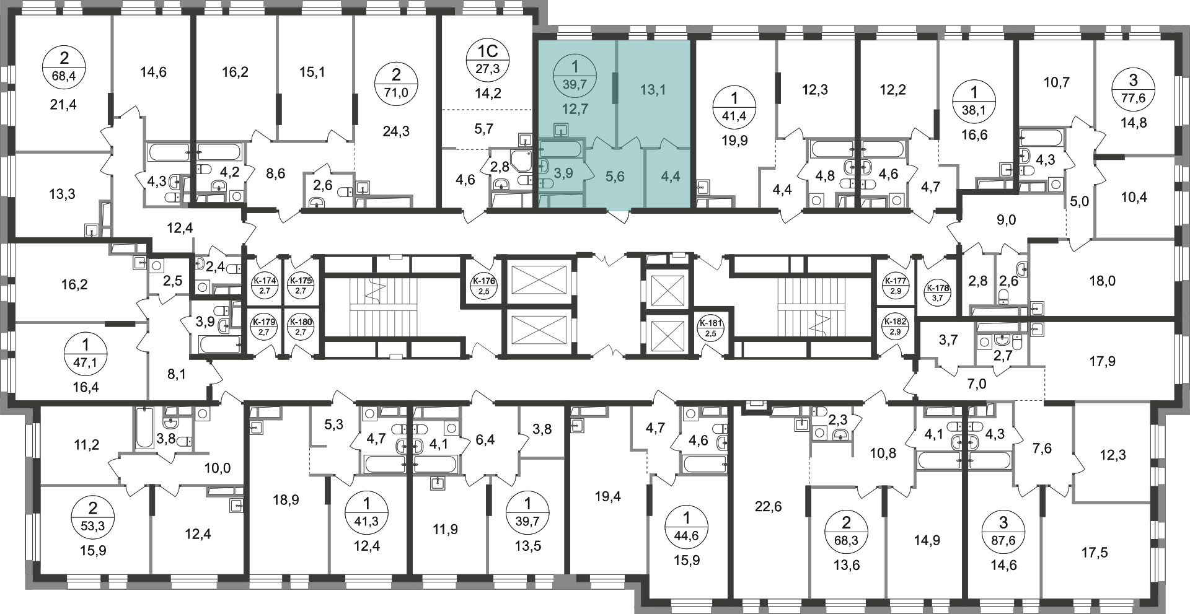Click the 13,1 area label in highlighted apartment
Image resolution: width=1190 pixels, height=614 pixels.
click(652, 90)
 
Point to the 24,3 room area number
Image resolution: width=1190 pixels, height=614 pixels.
click(397, 131)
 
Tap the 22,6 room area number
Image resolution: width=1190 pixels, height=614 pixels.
click(769, 507)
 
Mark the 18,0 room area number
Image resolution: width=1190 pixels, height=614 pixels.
click(1102, 281)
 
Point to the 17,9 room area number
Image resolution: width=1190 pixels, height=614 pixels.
click(1102, 361)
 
